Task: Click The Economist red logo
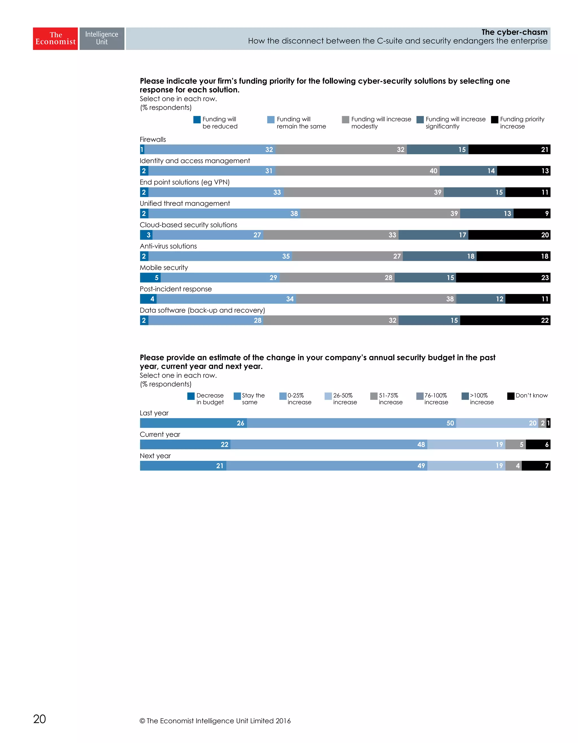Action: (x=55, y=38)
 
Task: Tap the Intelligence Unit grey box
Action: (x=102, y=38)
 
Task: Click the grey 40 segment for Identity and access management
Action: (x=357, y=171)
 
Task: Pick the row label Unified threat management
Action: (x=185, y=203)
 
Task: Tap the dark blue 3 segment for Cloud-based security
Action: (x=146, y=235)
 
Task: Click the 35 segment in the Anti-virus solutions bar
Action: (x=220, y=256)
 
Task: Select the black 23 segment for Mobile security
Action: (x=503, y=278)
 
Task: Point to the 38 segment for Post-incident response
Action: (x=376, y=299)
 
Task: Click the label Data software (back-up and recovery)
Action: (x=202, y=310)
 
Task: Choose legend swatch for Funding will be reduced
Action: (x=197, y=120)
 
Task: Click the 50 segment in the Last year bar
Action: (x=351, y=423)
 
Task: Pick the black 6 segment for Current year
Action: (x=538, y=445)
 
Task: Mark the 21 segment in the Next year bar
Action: (x=183, y=466)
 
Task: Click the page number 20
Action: (x=40, y=719)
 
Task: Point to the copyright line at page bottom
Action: (x=215, y=720)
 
